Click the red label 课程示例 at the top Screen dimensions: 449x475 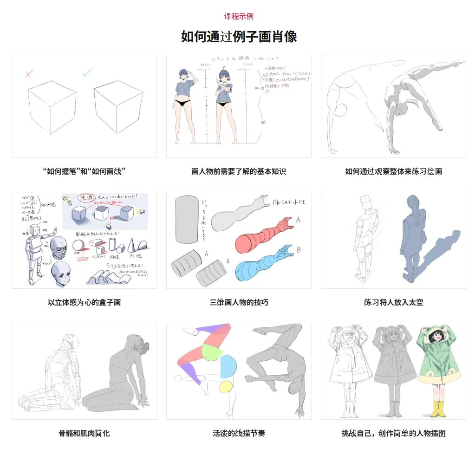tap(239, 16)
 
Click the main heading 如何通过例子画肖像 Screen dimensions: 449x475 tap(239, 36)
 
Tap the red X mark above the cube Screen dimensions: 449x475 tap(29, 73)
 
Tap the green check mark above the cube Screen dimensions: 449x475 tap(87, 72)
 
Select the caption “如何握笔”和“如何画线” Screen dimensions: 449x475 tap(84, 171)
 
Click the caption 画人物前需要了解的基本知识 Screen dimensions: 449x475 tap(239, 171)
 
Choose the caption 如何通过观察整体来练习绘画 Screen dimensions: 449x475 tap(393, 171)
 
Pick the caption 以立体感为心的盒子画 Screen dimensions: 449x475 tap(84, 302)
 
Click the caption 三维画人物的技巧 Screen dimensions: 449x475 tap(239, 302)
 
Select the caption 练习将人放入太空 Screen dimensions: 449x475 tap(393, 302)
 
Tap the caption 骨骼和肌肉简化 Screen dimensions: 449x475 tap(84, 433)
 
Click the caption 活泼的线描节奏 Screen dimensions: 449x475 tap(239, 433)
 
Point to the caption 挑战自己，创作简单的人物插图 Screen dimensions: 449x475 tap(393, 433)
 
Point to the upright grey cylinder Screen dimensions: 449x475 tap(187, 219)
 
